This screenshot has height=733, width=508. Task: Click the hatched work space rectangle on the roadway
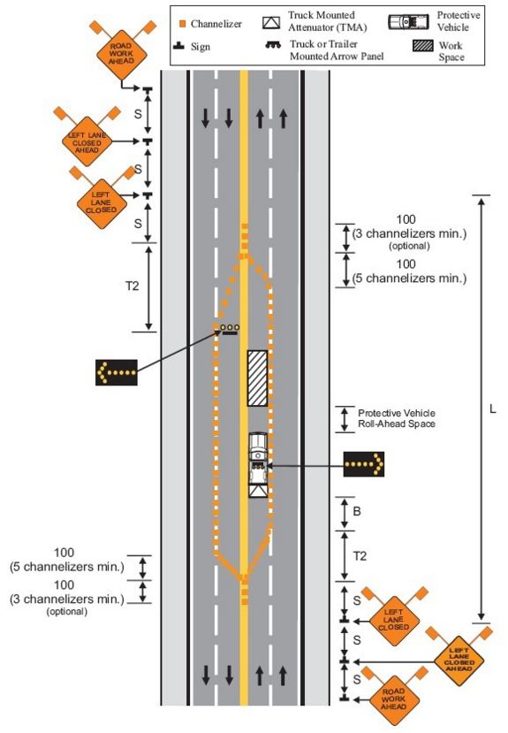[x=257, y=378]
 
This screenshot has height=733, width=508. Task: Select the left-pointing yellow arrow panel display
[x=117, y=372]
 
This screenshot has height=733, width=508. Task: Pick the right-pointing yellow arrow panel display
[x=364, y=463]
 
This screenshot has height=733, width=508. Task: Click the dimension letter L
[x=492, y=409]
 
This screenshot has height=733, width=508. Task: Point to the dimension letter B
[x=357, y=511]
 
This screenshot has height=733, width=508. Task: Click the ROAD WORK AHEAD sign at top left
[x=121, y=53]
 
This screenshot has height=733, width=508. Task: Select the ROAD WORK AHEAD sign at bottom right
[x=394, y=699]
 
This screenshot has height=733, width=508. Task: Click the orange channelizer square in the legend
[x=183, y=23]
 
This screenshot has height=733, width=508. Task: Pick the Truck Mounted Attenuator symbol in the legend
[x=271, y=23]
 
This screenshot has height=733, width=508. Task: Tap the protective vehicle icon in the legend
[x=408, y=21]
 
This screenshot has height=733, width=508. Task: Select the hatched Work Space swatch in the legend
[x=422, y=46]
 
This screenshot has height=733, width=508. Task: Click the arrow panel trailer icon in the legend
[x=273, y=45]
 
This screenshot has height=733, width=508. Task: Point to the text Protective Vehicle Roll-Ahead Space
[x=397, y=419]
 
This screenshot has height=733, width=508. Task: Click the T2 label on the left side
[x=133, y=286]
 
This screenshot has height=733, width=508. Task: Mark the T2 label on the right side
[x=360, y=556]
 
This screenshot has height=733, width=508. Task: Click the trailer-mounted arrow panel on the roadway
[x=230, y=329]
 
